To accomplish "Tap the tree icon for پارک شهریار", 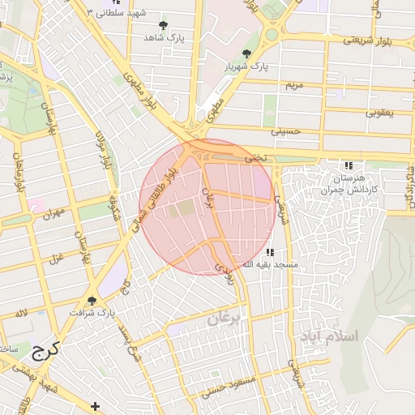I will click(246, 53).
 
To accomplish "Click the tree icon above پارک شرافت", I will click(92, 301).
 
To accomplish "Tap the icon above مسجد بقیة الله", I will click(270, 253).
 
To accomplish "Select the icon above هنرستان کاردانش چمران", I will click(349, 165).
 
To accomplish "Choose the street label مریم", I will click(294, 84).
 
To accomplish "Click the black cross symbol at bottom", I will click(96, 405).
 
